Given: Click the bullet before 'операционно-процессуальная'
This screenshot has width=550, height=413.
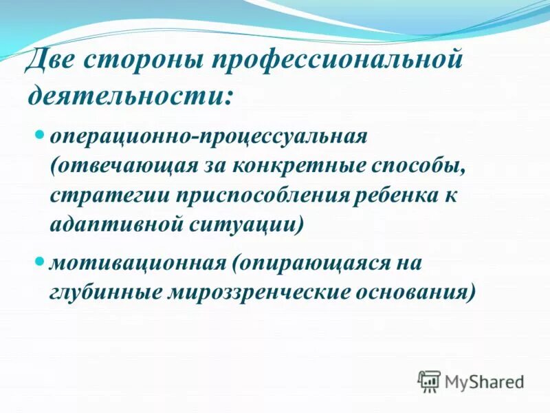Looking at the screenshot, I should [39, 131].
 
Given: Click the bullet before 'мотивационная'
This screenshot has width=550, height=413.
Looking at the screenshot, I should [39, 261].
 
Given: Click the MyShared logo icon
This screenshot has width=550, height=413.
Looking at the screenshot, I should [429, 381].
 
